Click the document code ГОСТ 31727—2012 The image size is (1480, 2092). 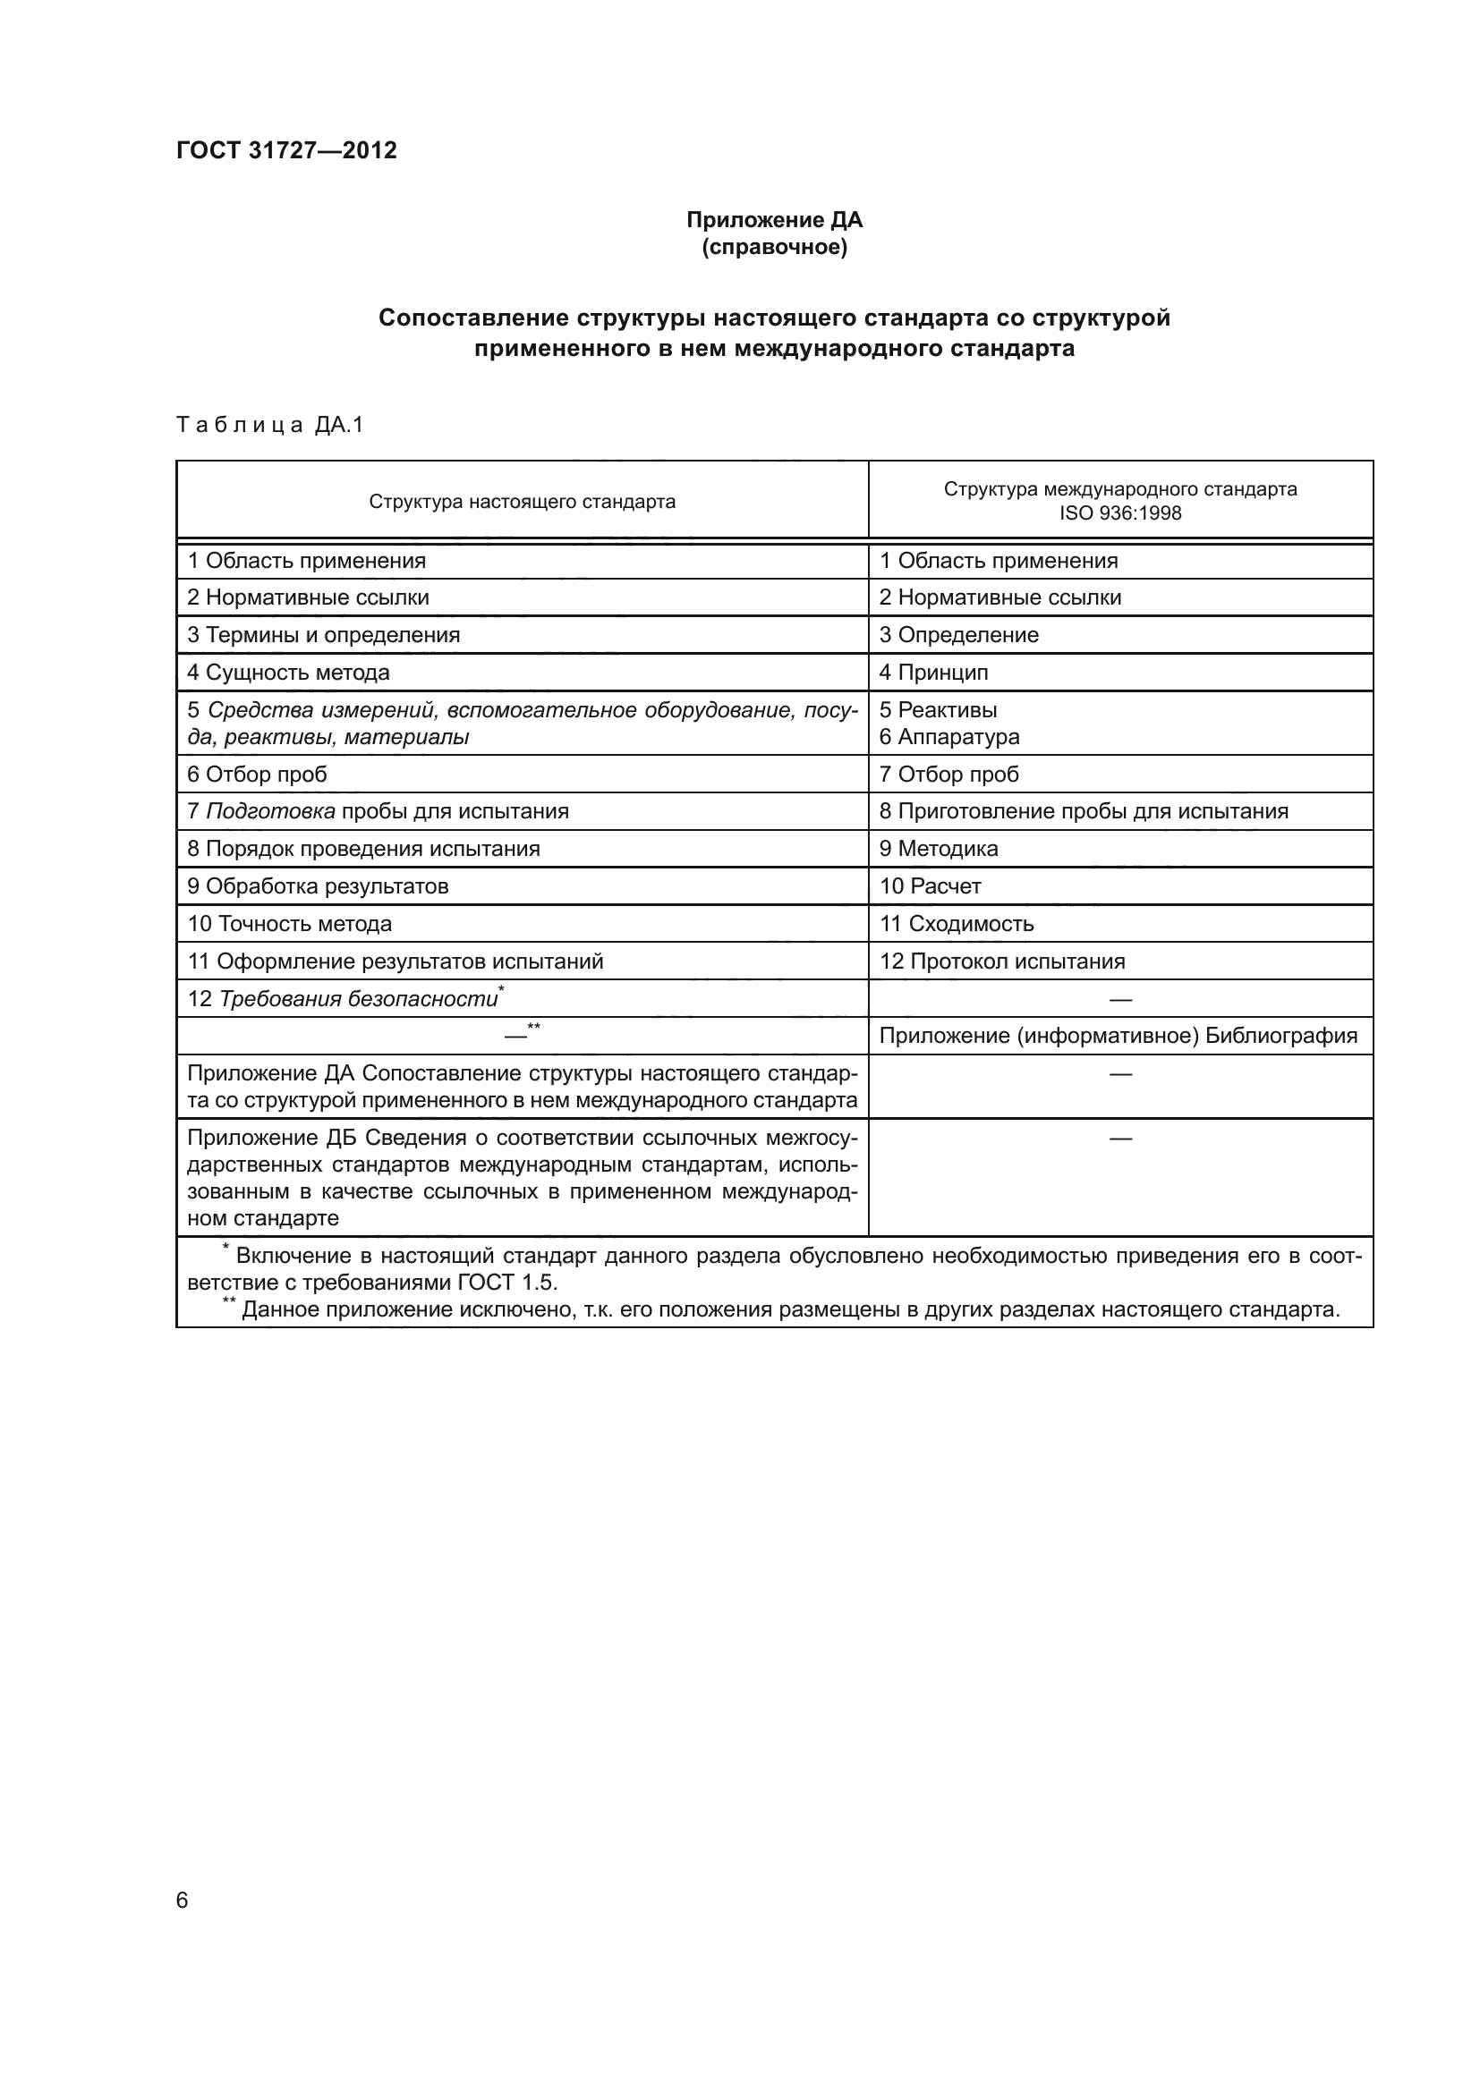pos(286,150)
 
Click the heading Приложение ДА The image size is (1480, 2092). pos(774,220)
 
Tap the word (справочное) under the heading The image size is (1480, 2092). pos(774,247)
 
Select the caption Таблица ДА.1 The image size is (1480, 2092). pos(269,425)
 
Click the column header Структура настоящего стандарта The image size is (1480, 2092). pos(523,501)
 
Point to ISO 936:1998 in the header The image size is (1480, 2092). pos(1119,513)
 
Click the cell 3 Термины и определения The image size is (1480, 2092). pos(324,635)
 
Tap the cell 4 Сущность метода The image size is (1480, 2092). pos(288,673)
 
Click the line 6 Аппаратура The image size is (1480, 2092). pos(948,736)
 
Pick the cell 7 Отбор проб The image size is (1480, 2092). pos(948,775)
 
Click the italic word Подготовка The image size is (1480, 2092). pos(269,812)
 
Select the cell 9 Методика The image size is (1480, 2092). pos(938,849)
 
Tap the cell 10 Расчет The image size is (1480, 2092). pos(930,886)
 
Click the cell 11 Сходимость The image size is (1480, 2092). pos(956,924)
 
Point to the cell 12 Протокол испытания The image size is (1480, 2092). pos(1001,961)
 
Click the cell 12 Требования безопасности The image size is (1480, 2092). pos(343,1000)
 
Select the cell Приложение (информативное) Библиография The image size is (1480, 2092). pos(1119,1036)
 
